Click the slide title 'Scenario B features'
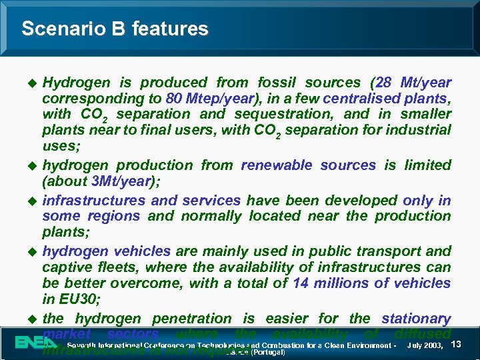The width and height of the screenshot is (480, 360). (115, 29)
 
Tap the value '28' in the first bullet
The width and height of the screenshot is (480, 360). (384, 83)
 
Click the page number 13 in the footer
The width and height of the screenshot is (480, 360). (457, 344)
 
